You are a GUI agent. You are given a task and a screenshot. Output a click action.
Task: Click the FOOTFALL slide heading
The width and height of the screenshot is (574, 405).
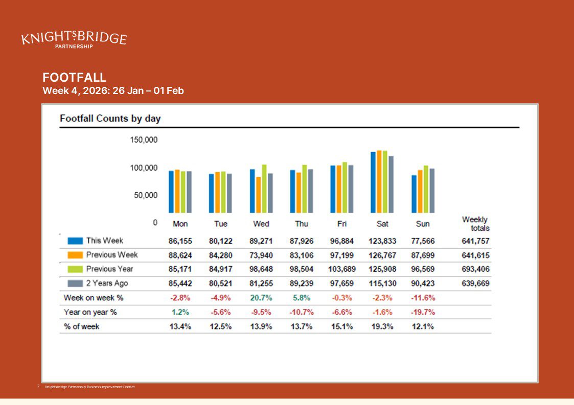tap(75, 78)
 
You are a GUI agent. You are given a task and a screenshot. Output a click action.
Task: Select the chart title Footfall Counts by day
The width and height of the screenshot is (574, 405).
tap(110, 118)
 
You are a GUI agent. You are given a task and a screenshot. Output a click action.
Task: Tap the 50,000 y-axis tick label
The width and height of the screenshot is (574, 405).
tap(146, 195)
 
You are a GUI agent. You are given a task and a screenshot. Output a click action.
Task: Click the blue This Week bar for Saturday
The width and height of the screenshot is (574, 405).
tap(373, 182)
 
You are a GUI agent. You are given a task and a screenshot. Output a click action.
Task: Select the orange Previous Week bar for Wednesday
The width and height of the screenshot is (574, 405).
tap(259, 195)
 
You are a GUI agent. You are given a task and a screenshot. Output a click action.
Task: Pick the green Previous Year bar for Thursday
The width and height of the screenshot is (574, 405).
tap(305, 188)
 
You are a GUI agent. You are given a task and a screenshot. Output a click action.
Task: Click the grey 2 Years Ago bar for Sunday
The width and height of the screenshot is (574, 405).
tap(432, 190)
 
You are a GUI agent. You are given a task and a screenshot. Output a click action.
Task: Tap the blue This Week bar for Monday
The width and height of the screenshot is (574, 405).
tap(172, 192)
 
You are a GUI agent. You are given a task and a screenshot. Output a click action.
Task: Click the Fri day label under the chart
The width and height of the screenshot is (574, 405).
tap(342, 224)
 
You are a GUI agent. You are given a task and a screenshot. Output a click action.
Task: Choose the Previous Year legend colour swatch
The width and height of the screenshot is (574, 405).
tap(75, 269)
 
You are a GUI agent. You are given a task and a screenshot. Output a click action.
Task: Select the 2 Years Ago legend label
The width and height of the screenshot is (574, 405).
tap(107, 283)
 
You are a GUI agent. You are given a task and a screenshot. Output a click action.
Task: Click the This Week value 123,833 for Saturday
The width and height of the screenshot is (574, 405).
tap(382, 241)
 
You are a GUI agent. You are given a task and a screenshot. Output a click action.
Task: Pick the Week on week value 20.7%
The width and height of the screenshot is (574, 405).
tap(262, 298)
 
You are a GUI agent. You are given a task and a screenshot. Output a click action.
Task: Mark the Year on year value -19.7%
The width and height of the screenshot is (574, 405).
tap(423, 312)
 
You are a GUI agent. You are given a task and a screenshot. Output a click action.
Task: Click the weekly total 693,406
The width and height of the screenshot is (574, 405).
tap(476, 269)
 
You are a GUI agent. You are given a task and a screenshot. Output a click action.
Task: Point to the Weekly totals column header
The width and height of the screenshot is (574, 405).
tap(476, 224)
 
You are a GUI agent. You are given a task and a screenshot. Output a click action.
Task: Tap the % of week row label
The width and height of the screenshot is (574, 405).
tap(81, 326)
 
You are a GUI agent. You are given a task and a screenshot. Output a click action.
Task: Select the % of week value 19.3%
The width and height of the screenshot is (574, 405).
tap(382, 326)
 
